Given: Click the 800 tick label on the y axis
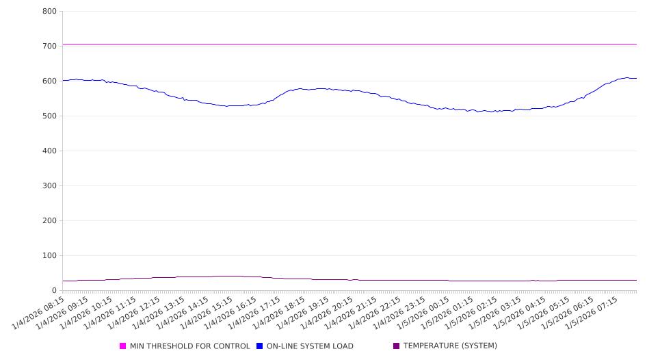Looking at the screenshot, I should [x=49, y=11].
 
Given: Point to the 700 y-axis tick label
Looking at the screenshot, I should [x=49, y=46].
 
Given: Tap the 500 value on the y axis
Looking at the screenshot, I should [x=49, y=116].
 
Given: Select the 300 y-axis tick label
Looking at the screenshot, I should [x=49, y=185].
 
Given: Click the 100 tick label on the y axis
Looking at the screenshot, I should [x=49, y=255].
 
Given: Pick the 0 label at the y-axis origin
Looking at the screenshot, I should [x=53, y=290].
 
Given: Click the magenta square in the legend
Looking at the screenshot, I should [x=123, y=346].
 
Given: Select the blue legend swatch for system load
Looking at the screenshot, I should [x=260, y=346].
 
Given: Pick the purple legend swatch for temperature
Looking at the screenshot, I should [x=397, y=346].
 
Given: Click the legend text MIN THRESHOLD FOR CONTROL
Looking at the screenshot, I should [x=189, y=346].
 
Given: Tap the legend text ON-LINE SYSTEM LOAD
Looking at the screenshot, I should [x=310, y=346].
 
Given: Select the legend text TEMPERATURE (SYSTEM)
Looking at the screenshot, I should [x=450, y=346].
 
